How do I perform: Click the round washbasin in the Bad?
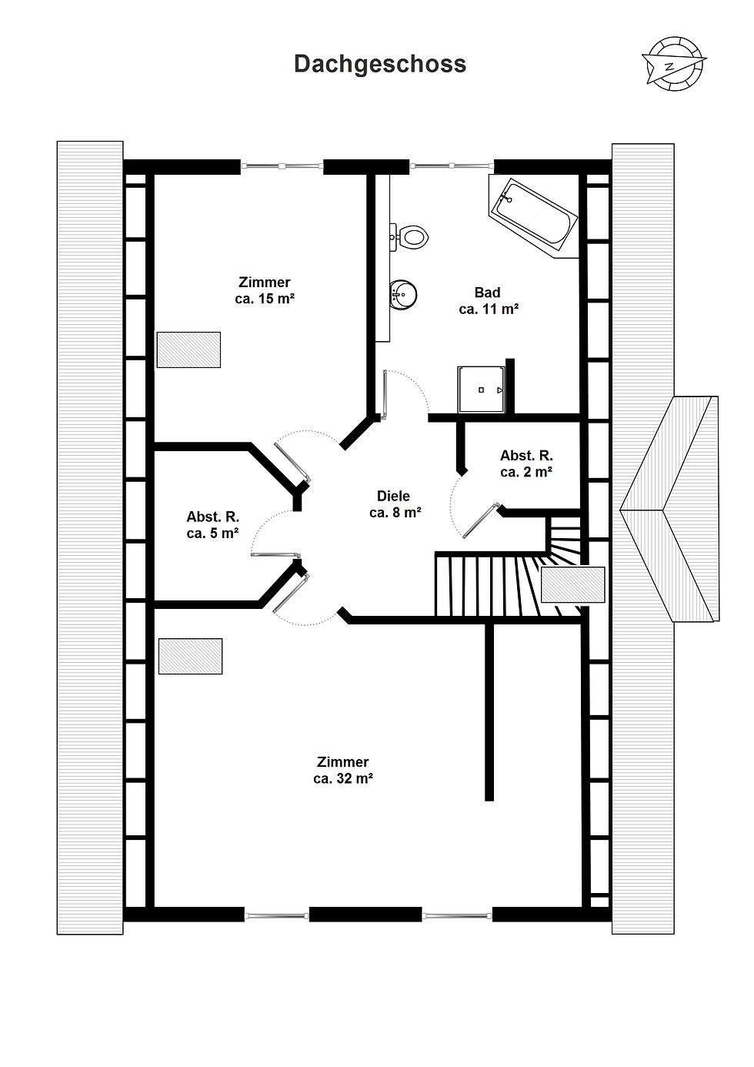point(402,294)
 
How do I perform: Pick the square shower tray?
point(481,390)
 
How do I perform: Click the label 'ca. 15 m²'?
point(264,299)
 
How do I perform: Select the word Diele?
point(393,496)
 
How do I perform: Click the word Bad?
point(488,292)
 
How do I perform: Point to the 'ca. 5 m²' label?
point(212,533)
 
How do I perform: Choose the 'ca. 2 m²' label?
point(526,472)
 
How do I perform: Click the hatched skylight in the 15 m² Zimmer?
point(189,350)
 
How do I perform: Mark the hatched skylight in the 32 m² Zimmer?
point(190,656)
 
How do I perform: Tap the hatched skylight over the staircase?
point(573,585)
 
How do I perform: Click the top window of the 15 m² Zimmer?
point(282,166)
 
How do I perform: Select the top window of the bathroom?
point(452,166)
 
